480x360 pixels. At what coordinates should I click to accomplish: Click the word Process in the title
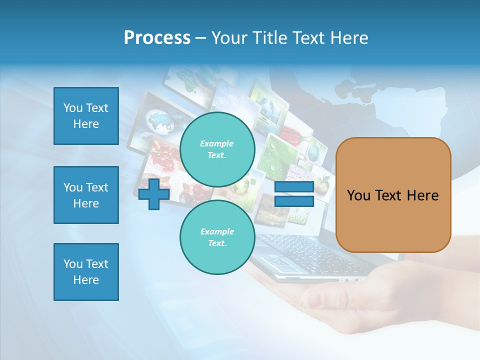pyautogui.click(x=157, y=38)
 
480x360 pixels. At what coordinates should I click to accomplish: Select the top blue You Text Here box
pyautogui.click(x=86, y=116)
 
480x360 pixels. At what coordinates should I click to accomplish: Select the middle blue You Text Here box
pyautogui.click(x=86, y=195)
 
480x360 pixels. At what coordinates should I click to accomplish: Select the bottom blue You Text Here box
pyautogui.click(x=86, y=272)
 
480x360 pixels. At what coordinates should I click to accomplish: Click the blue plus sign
pyautogui.click(x=154, y=194)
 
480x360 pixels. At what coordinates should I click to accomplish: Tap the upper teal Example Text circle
pyautogui.click(x=217, y=149)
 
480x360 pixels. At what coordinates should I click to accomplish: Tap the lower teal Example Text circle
pyautogui.click(x=217, y=237)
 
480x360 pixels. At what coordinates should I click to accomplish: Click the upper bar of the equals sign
pyautogui.click(x=294, y=187)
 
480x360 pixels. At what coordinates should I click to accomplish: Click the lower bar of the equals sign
pyautogui.click(x=294, y=201)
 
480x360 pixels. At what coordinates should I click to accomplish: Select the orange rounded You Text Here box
pyautogui.click(x=393, y=195)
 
